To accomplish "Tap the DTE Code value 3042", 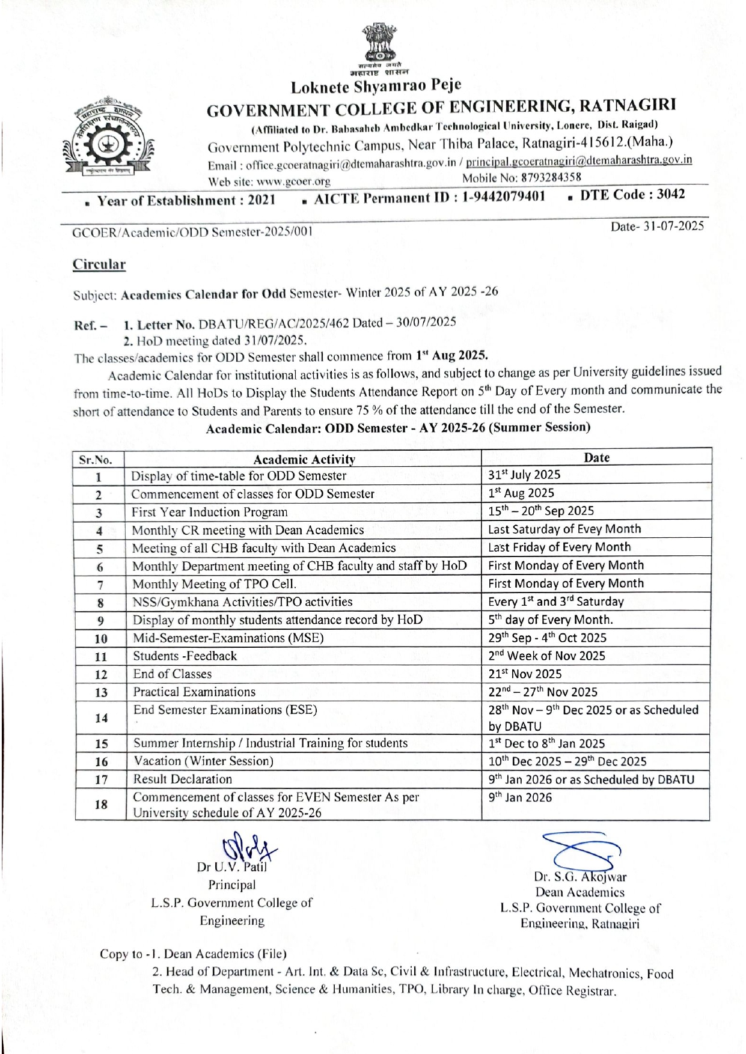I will pyautogui.click(x=667, y=194).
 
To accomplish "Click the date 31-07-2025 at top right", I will pyautogui.click(x=657, y=226).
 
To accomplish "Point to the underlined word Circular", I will pyautogui.click(x=99, y=264).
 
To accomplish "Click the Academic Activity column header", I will pyautogui.click(x=304, y=460).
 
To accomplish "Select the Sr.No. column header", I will pyautogui.click(x=96, y=460).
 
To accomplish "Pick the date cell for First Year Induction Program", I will pyautogui.click(x=540, y=511).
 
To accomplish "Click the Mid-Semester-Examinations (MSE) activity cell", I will pyautogui.click(x=228, y=638).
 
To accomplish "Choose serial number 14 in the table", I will pyautogui.click(x=101, y=718).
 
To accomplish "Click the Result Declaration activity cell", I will pyautogui.click(x=183, y=779).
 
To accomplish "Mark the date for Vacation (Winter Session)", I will pyautogui.click(x=567, y=761).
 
